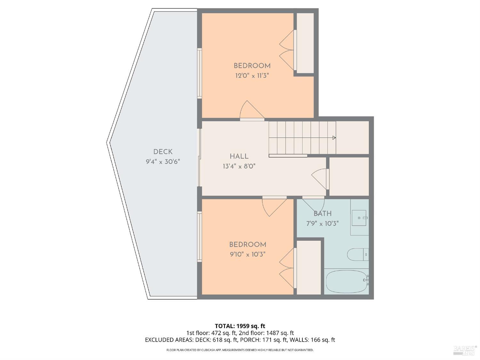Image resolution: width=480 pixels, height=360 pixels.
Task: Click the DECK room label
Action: [163, 152]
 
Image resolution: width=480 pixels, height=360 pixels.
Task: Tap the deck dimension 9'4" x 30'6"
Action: [163, 162]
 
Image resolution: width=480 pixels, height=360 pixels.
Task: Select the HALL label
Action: [239, 156]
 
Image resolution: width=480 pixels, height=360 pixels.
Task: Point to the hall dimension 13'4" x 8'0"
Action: [239, 166]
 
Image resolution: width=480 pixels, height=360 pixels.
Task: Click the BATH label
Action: [322, 214]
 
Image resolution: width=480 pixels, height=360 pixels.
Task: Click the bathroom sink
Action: [360, 218]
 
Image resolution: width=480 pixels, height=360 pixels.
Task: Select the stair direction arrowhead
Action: [334, 138]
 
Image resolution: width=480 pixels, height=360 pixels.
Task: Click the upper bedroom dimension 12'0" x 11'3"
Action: [252, 76]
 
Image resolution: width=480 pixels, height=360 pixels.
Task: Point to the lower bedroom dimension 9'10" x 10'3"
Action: [247, 254]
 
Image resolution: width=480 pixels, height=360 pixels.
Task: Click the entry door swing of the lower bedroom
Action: [274, 206]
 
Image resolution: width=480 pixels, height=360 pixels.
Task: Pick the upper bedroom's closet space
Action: [305, 43]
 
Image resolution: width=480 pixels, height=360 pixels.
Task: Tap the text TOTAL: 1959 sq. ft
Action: [240, 326]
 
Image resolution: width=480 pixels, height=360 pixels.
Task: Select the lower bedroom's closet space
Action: [308, 267]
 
